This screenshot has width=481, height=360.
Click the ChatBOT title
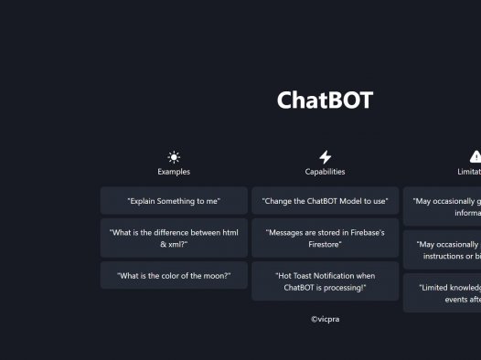tap(325, 101)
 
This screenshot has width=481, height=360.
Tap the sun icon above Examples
tap(174, 157)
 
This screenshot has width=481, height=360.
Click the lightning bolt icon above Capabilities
tap(325, 157)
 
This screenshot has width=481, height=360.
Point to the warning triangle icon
tap(476, 157)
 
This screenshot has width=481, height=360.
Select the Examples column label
tap(174, 172)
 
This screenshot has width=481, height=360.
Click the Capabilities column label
tap(325, 172)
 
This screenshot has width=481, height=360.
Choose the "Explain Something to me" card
tap(174, 200)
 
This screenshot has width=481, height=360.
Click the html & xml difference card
tap(174, 238)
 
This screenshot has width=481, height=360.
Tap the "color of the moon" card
tap(174, 276)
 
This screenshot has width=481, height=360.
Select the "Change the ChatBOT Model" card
tap(325, 200)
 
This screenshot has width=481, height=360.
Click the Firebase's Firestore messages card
tap(325, 238)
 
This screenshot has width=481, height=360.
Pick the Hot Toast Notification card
tap(325, 281)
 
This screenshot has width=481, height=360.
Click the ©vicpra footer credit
tap(325, 319)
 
